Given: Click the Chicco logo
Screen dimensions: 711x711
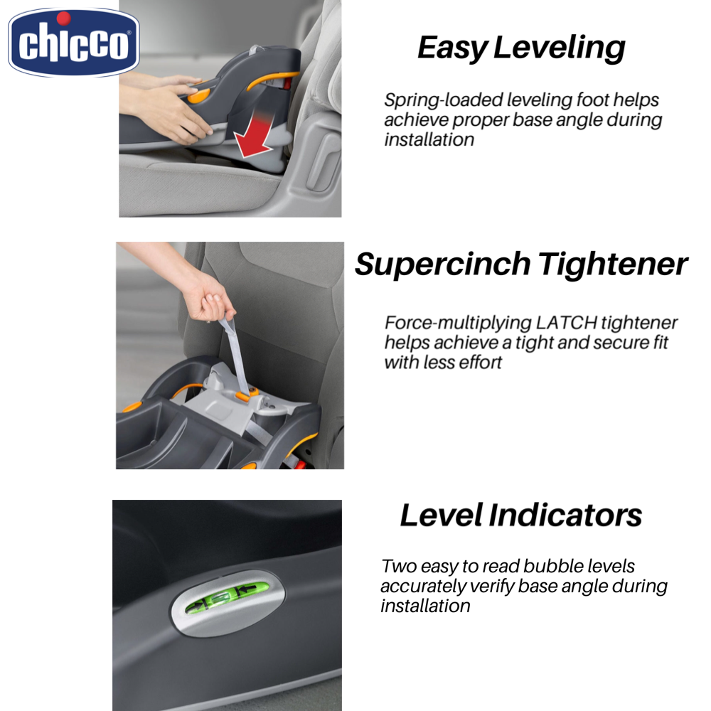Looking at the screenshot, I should point(73,43).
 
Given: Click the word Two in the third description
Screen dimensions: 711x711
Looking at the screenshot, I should point(396,567).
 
